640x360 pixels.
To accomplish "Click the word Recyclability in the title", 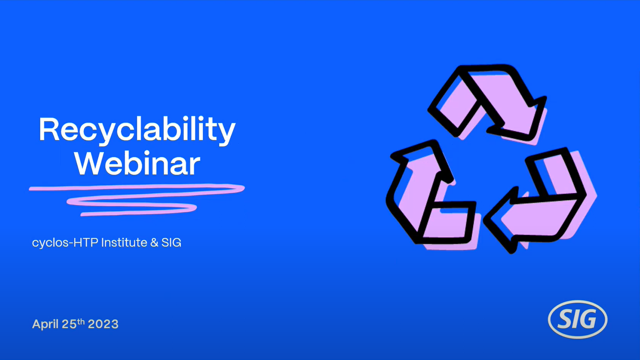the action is pyautogui.click(x=137, y=130).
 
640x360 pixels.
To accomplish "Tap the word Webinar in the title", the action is pyautogui.click(x=137, y=163).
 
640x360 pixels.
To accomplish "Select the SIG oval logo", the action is pyautogui.click(x=577, y=319).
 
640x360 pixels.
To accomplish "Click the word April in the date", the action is pyautogui.click(x=46, y=325).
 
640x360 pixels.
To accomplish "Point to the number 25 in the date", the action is pyautogui.click(x=69, y=324).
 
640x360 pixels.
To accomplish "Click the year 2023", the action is pyautogui.click(x=103, y=324).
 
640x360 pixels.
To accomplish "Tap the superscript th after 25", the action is pyautogui.click(x=81, y=321).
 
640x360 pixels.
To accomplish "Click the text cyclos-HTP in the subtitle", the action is pyautogui.click(x=65, y=243).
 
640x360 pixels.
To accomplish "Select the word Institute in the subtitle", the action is pyautogui.click(x=124, y=243).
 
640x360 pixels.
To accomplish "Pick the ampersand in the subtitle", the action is pyautogui.click(x=154, y=243).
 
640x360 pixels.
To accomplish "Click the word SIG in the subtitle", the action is pyautogui.click(x=171, y=243).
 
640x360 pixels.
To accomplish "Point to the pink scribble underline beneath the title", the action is pyautogui.click(x=137, y=199).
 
